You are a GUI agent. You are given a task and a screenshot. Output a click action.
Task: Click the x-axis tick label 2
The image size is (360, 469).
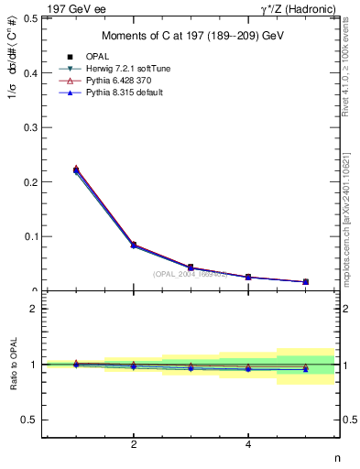coord(134,445)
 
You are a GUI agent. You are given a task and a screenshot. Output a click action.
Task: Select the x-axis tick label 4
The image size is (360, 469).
coord(248,445)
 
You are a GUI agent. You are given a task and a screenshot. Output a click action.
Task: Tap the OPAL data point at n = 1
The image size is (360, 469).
coord(76,169)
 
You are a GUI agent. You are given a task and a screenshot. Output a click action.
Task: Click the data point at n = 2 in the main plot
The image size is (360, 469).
coord(134,245)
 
